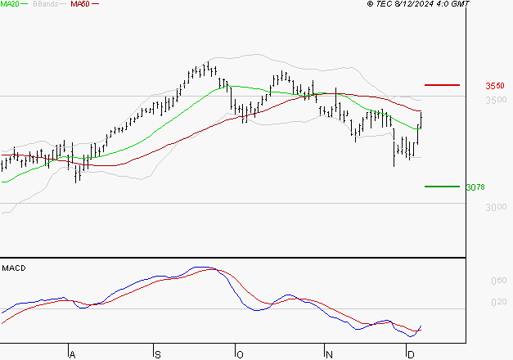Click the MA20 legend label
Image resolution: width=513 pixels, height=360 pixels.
click(9, 4)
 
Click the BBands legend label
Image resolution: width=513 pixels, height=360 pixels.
click(44, 4)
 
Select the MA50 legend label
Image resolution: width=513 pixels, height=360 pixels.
click(79, 4)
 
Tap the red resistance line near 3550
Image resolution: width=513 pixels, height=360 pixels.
click(443, 85)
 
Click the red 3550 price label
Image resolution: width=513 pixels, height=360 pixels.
click(494, 86)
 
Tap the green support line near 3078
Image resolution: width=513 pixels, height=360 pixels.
click(443, 187)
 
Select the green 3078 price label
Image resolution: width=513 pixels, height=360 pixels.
click(475, 187)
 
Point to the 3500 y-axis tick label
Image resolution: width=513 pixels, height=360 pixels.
click(494, 101)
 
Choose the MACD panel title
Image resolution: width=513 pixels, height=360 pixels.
click(14, 268)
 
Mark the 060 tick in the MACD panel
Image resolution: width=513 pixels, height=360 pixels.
click(497, 281)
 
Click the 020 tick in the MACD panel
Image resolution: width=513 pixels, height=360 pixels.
click(497, 303)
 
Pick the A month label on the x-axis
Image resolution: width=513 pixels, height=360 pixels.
click(72, 354)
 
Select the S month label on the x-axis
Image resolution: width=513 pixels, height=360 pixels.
click(156, 354)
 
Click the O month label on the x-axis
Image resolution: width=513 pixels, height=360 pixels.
click(239, 354)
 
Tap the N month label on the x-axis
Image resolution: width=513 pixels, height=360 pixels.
click(327, 354)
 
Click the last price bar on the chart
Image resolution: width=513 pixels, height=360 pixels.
click(421, 119)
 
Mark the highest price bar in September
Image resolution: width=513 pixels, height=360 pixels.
click(208, 67)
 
